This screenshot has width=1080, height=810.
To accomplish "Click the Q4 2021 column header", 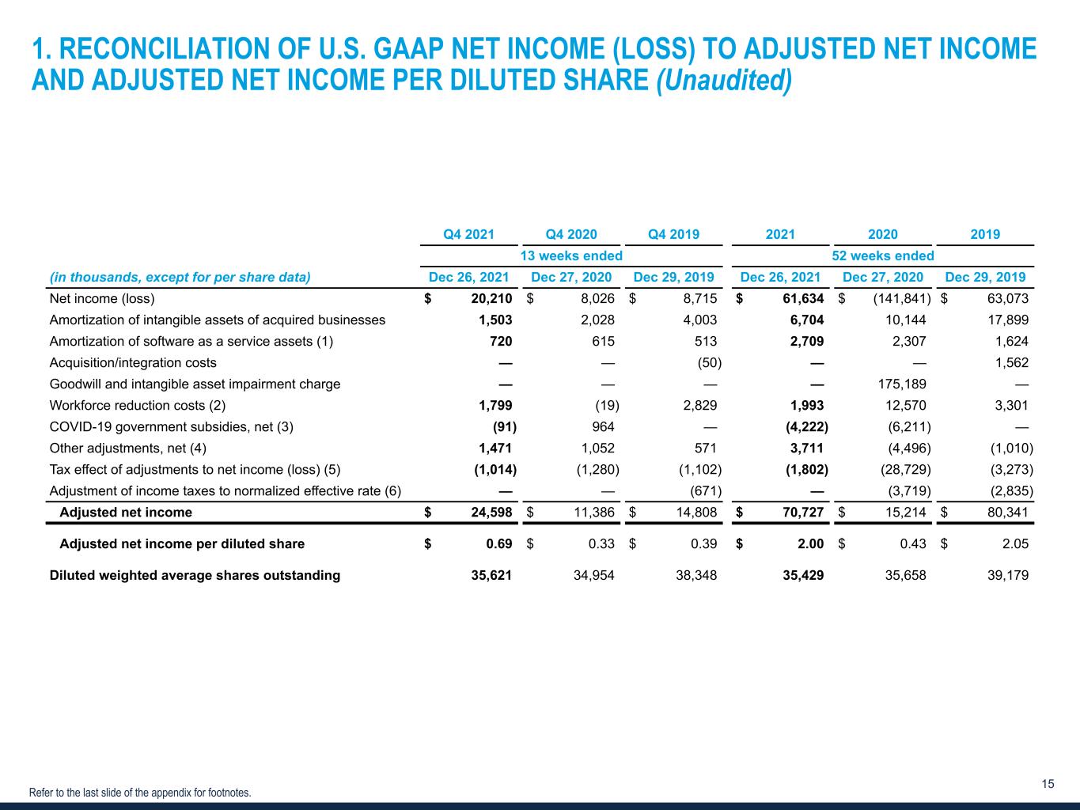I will click(468, 234).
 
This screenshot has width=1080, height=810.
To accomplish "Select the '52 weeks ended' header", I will click(883, 255).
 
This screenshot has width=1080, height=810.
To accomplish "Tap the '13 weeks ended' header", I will click(570, 255).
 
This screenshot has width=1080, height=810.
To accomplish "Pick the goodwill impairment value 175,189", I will click(902, 384).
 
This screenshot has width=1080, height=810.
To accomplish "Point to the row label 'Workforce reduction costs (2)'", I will click(138, 406).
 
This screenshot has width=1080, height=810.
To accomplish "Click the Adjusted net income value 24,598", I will click(486, 513).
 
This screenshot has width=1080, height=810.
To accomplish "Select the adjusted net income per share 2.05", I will click(1014, 544).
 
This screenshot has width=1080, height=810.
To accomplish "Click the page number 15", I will click(1048, 784).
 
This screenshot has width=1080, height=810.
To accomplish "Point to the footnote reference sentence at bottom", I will click(140, 793).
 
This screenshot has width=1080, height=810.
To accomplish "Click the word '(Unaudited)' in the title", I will click(725, 81).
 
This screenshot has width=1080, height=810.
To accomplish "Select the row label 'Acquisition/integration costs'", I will click(133, 363).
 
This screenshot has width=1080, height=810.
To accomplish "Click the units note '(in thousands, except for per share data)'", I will click(180, 278).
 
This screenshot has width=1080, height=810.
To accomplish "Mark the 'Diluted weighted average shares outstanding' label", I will click(195, 576).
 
